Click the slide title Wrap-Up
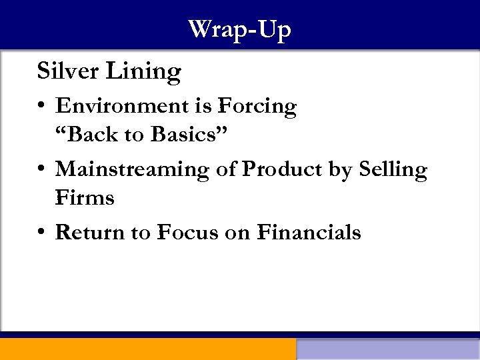[x=239, y=30]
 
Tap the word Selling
[x=393, y=169]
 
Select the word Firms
[x=85, y=197]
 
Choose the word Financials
[x=309, y=232]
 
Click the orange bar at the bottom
[x=147, y=349]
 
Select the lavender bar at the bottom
[x=388, y=349]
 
